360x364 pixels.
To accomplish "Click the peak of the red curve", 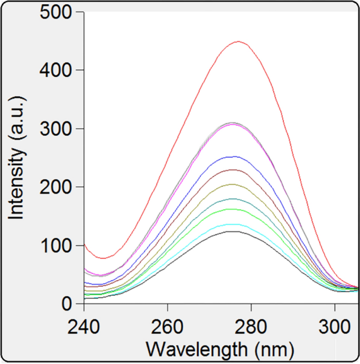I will point(239,42).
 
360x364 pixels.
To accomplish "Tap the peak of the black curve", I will point(231,231).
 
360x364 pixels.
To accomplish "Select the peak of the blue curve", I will point(232,156).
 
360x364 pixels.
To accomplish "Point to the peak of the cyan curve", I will point(232,224).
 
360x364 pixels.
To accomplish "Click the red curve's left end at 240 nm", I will point(85,245).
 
